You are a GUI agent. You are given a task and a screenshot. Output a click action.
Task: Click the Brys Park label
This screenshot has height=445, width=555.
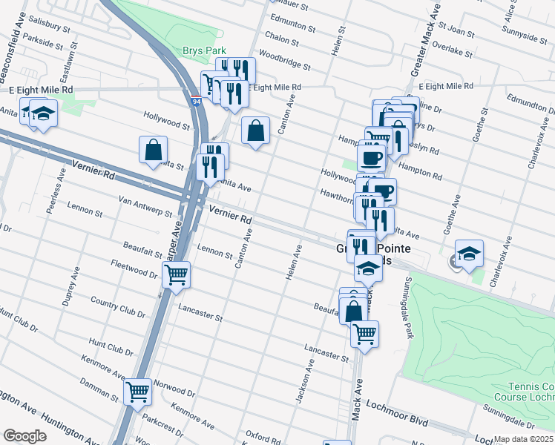(203, 50)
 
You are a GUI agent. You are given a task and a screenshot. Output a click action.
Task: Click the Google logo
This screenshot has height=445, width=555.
(24, 435)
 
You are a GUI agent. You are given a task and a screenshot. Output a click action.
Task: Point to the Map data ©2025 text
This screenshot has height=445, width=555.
(523, 439)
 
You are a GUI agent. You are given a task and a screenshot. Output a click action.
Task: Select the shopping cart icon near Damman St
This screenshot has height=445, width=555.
(137, 391)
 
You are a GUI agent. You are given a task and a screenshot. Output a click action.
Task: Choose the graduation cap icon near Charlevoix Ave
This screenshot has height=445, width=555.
(469, 254)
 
